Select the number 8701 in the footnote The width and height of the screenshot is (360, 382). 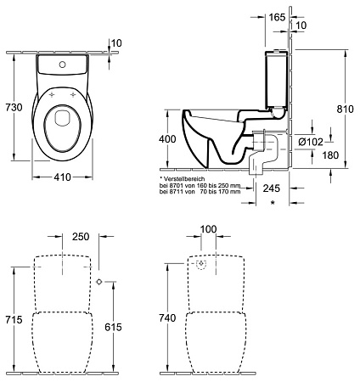tap(175, 187)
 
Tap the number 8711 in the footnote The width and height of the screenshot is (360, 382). tap(175, 194)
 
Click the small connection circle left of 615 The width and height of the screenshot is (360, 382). tap(100, 280)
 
